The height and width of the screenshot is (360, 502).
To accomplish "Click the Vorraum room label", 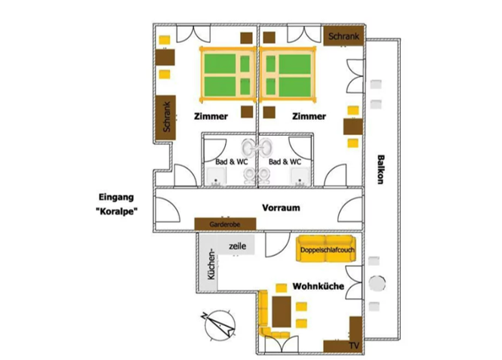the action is (281, 208).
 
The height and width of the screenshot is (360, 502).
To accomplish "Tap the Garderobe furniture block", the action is (225, 224).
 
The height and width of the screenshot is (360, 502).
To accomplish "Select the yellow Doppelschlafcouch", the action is (326, 248).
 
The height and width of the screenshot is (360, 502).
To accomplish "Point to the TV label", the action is (354, 346).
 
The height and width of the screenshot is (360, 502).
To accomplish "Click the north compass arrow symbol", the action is (220, 325).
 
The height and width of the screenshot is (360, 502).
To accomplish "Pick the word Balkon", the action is (380, 170).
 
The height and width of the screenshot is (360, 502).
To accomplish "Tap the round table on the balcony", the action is (377, 284).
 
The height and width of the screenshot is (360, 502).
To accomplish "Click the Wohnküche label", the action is (319, 286).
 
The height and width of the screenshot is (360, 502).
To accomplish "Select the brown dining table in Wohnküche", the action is (282, 312).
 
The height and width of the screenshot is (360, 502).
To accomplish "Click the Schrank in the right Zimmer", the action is (343, 35).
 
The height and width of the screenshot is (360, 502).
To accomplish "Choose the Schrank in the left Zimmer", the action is (166, 118).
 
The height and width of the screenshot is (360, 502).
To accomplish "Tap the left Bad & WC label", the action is (232, 162).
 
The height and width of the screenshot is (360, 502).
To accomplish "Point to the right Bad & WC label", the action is (285, 162).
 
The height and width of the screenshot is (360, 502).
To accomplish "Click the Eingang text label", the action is (116, 197).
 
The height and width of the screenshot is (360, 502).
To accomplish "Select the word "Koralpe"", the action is (117, 211).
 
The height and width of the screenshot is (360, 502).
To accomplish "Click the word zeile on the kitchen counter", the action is (238, 246).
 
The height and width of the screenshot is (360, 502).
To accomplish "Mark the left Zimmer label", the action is (211, 116).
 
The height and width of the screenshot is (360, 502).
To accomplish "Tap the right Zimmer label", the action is (309, 116).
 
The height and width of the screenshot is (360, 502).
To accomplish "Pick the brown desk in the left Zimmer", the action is (165, 57).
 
